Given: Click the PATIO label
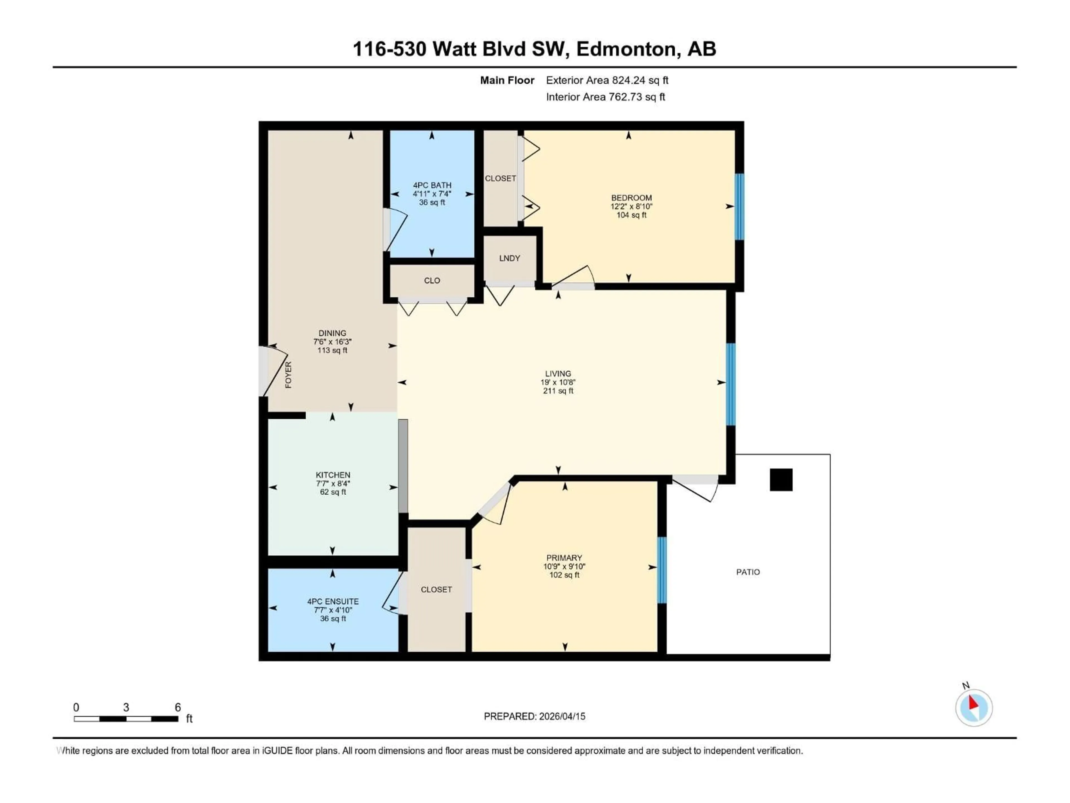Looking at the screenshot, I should click(x=748, y=572).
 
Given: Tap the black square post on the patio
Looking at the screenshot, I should click(x=781, y=480).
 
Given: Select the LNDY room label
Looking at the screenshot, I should click(x=509, y=258).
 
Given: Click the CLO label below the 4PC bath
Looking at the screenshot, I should click(x=432, y=281).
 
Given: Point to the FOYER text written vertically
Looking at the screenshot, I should click(x=288, y=375).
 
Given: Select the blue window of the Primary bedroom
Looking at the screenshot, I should click(x=662, y=570).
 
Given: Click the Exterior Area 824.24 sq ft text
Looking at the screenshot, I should click(x=607, y=80).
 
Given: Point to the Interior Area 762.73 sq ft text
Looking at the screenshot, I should click(x=605, y=97).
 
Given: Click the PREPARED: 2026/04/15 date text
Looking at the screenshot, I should click(x=534, y=716).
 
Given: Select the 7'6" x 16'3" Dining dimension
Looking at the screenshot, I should click(x=332, y=342).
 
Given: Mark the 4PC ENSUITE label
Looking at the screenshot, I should click(x=333, y=602).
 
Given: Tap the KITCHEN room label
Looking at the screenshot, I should click(x=333, y=475).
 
